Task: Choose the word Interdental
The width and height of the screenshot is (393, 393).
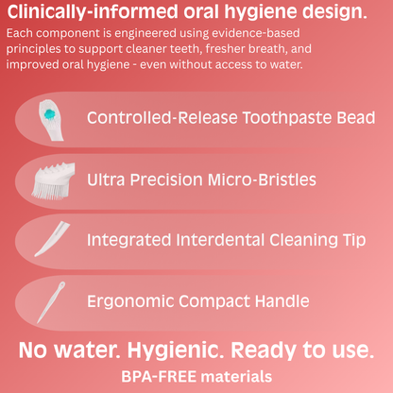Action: pyautogui.click(x=210, y=240)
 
